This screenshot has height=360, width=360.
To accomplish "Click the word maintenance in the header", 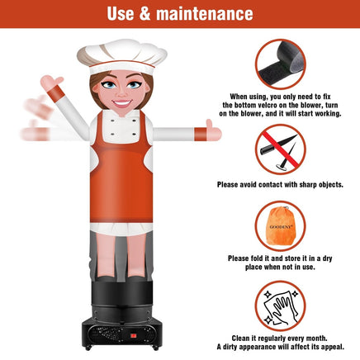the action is pos(205,13).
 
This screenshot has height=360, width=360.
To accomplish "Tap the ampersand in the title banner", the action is pos(144,13).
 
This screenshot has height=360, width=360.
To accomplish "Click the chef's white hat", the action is pos(122,56).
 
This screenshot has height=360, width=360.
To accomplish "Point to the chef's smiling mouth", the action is pos(121,103).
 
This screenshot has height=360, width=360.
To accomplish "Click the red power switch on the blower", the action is pos(134,336).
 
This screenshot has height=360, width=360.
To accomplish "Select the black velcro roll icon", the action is pos(281,64).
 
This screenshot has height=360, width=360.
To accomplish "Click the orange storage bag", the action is pos(281,225).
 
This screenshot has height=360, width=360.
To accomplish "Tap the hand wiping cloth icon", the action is pos(281,306).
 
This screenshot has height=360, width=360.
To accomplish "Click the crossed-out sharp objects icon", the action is pos(281,149).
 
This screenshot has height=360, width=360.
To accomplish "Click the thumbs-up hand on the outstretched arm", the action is pos(213,130).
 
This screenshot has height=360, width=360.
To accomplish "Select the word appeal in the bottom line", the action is pos(333,348).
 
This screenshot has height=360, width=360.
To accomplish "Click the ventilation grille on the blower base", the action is pos(108,334).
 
